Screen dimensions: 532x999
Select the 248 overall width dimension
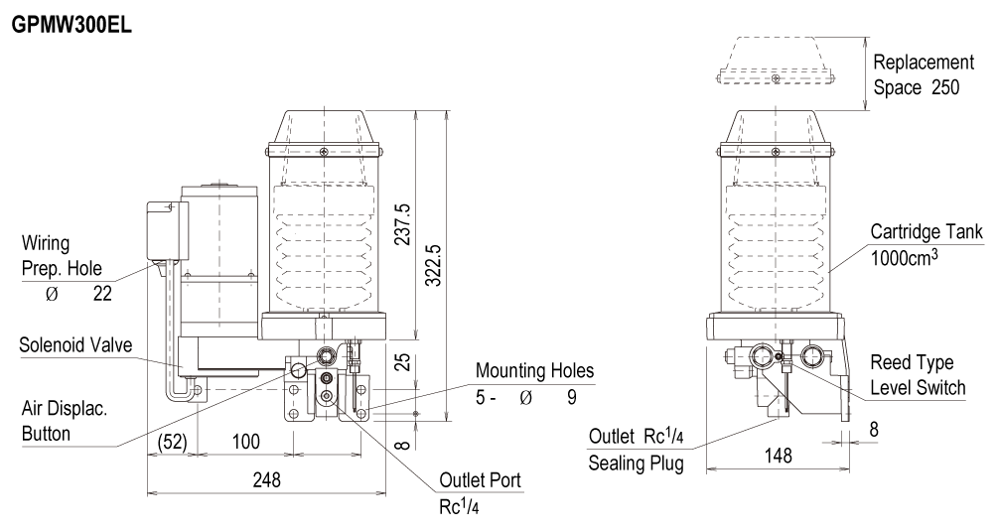coord(265,478)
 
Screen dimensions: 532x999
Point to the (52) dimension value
coord(171,440)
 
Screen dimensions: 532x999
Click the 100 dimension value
coord(245,440)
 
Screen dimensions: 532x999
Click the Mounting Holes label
coord(535,370)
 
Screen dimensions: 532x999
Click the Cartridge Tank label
coord(927,231)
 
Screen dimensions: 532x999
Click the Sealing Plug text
coord(636,464)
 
